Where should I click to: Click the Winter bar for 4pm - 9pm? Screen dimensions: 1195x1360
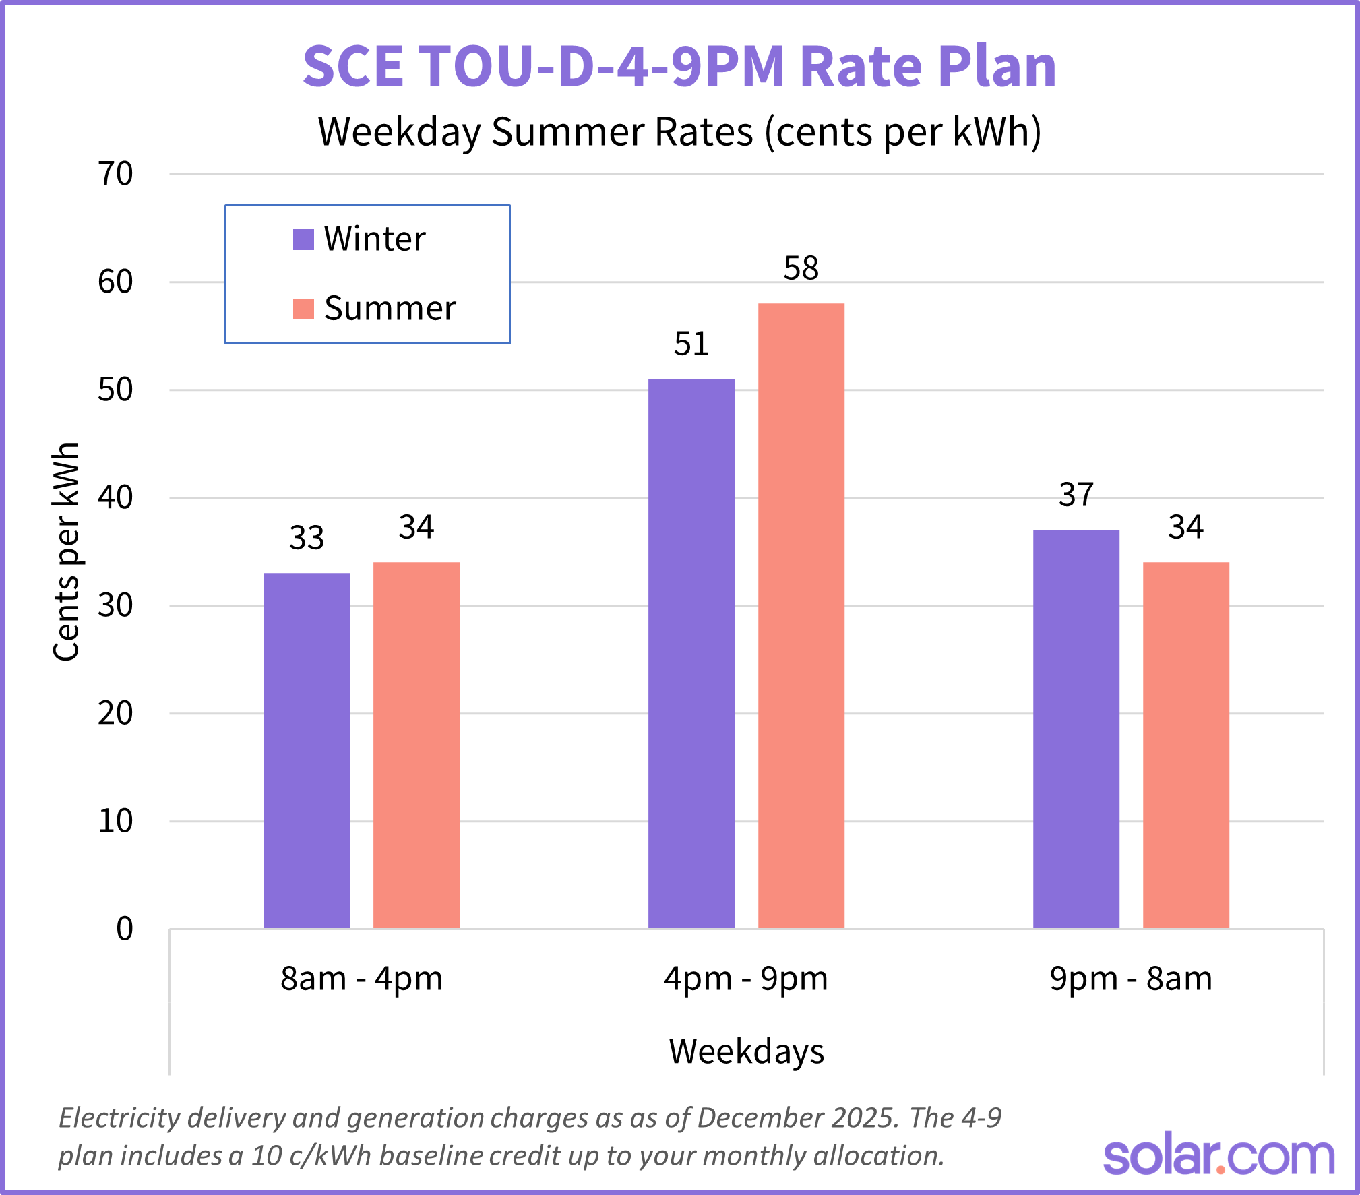(x=691, y=653)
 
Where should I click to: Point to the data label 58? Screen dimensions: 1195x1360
(x=801, y=268)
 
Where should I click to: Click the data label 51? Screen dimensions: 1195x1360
(x=691, y=344)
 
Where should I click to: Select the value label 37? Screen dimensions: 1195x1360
(x=1076, y=495)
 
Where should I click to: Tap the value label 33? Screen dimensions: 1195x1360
(x=307, y=539)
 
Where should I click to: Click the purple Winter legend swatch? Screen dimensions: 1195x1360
(x=303, y=239)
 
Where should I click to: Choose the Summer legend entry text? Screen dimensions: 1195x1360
(x=390, y=309)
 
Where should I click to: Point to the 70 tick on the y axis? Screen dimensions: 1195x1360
(x=115, y=175)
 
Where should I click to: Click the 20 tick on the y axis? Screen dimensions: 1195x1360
(x=115, y=713)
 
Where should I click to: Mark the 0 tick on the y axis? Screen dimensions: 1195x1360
(x=124, y=929)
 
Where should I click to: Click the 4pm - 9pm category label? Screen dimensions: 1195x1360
(x=745, y=979)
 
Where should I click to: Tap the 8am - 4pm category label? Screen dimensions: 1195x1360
(x=361, y=979)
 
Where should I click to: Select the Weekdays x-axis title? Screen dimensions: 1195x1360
(x=746, y=1051)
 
